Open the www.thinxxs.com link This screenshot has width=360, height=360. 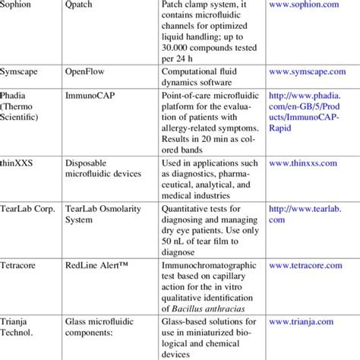[x=307, y=163]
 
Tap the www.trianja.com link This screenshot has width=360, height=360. [x=305, y=342]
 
